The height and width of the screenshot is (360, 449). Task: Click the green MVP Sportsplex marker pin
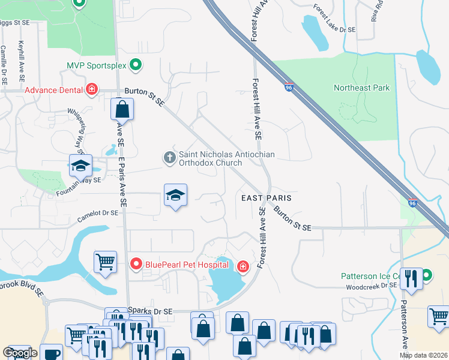(x=136, y=64)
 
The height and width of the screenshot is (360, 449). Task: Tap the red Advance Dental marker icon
(x=92, y=90)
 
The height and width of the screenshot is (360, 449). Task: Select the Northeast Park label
(x=361, y=88)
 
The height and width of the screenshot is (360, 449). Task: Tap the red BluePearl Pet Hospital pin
(x=136, y=263)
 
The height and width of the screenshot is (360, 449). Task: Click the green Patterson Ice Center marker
(x=426, y=276)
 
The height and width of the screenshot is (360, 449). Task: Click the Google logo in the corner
(x=20, y=352)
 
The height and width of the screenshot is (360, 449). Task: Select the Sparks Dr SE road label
(x=150, y=311)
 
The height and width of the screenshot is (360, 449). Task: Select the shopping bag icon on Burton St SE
(x=122, y=110)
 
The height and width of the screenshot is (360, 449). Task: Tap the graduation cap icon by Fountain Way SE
(x=80, y=166)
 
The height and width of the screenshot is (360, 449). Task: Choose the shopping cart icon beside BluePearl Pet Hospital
(x=105, y=262)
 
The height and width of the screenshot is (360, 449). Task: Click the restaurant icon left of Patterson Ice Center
(x=411, y=278)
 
